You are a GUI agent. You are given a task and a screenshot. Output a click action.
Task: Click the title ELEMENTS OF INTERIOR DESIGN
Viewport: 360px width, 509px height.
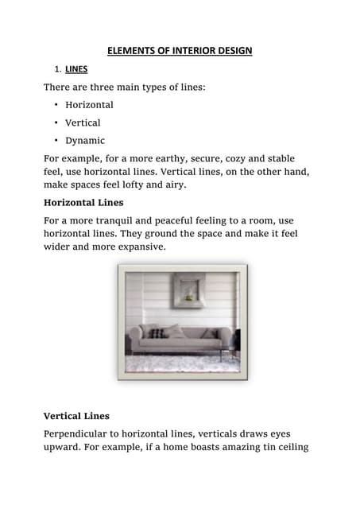180,51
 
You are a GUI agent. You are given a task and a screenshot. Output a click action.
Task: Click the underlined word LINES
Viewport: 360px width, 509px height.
76,69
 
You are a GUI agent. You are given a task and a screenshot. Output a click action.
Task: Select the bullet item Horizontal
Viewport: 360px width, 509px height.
89,104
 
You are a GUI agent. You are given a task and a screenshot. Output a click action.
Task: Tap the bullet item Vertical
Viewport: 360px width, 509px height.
83,122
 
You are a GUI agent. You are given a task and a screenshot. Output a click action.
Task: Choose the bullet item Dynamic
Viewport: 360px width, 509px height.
85,141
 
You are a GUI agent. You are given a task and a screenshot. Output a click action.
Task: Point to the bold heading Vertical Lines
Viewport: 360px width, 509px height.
76,415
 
